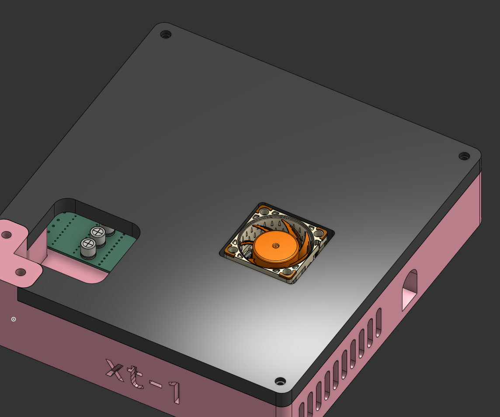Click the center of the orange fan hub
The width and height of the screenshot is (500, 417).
[x=275, y=246]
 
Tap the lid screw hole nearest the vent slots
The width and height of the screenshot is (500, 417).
[x=280, y=381]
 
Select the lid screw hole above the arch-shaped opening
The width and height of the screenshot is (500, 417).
[x=464, y=156]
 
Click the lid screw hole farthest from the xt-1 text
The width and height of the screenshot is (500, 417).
[x=166, y=34]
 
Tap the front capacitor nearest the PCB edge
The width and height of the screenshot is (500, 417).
[x=89, y=247]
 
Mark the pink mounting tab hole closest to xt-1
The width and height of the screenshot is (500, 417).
[x=21, y=272]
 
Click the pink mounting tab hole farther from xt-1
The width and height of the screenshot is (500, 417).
[x=7, y=235]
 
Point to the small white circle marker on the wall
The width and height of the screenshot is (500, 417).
[x=14, y=319]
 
